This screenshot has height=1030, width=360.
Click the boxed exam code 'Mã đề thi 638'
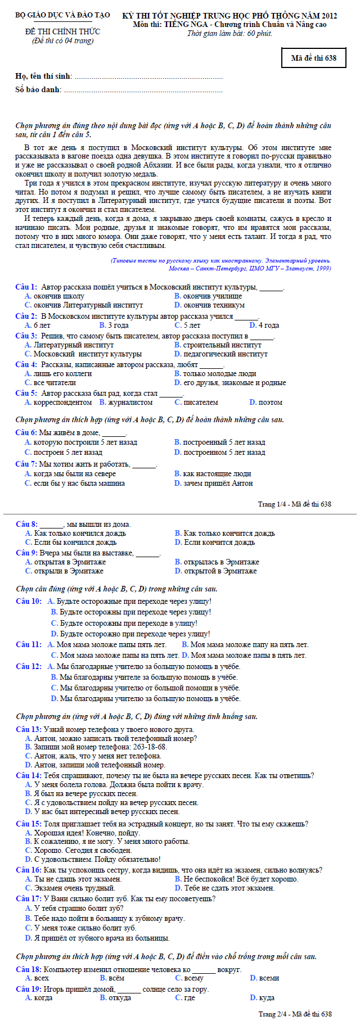click(313, 58)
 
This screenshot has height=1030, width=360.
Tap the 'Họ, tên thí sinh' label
click(43, 76)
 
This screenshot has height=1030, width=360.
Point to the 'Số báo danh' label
click(39, 89)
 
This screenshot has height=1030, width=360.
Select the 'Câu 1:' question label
click(26, 287)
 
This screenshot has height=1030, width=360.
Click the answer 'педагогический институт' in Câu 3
click(225, 354)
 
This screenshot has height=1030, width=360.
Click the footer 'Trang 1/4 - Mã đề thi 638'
click(294, 504)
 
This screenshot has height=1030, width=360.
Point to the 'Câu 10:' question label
click(29, 601)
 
